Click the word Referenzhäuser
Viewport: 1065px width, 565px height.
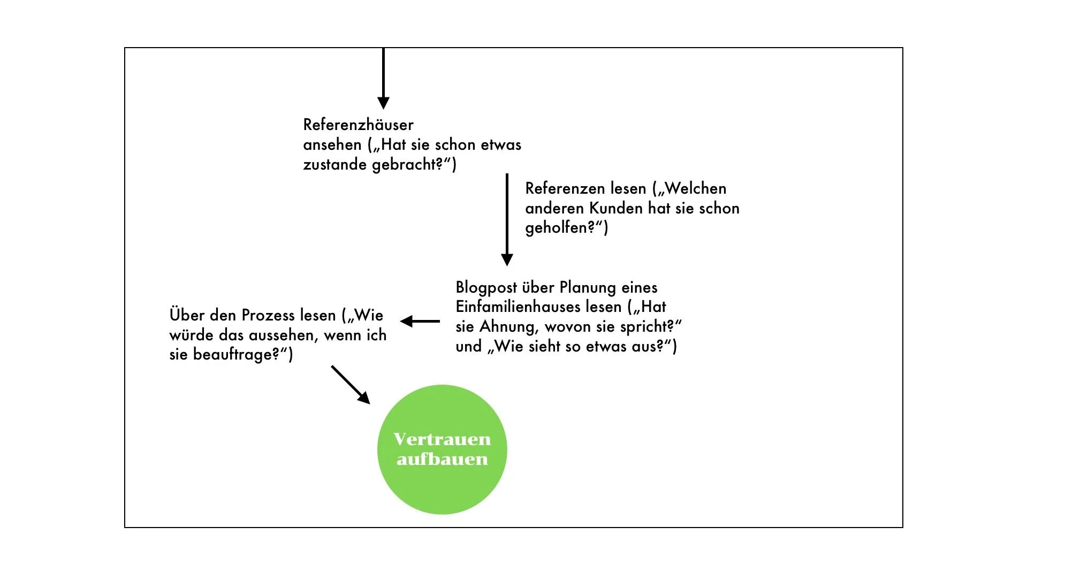(x=358, y=125)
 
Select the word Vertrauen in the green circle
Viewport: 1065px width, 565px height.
(x=442, y=439)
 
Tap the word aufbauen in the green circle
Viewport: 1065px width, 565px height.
(x=442, y=459)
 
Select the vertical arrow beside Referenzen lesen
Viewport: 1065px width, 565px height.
(x=507, y=219)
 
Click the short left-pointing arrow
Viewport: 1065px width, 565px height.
(x=420, y=321)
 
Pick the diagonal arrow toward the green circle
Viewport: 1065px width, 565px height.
(x=351, y=385)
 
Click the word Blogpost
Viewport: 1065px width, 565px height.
(x=486, y=288)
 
